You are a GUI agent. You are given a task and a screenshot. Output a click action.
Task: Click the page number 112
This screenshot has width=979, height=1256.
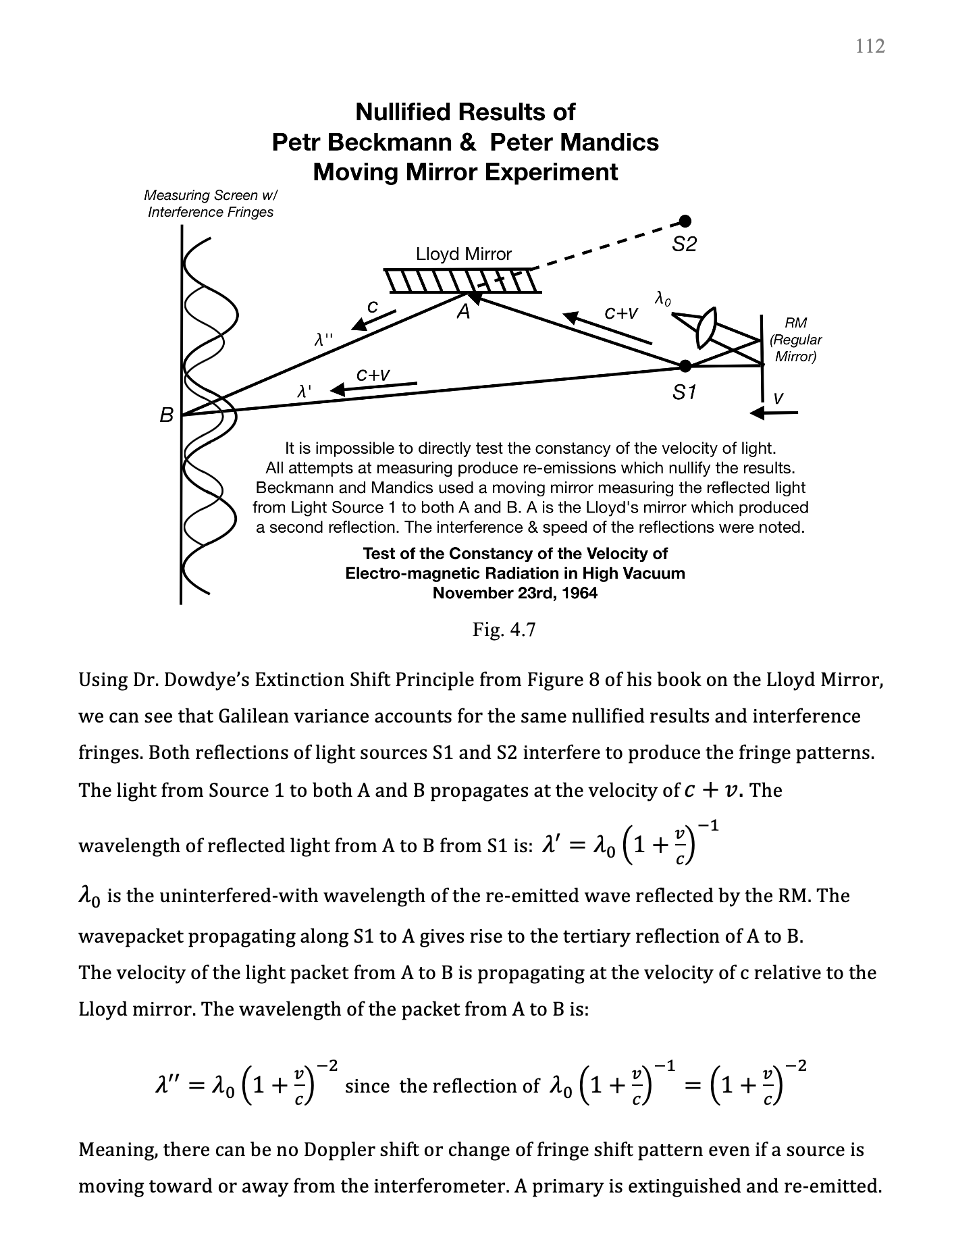[x=870, y=46]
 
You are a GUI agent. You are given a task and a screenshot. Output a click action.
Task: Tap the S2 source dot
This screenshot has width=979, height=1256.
[x=685, y=221]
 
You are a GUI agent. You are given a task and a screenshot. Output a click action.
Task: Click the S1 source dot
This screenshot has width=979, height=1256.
[x=685, y=366]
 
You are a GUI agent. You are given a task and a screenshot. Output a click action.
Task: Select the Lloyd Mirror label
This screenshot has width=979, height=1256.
[x=464, y=254]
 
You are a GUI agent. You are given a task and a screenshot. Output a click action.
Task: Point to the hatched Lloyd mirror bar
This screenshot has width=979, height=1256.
[x=463, y=280]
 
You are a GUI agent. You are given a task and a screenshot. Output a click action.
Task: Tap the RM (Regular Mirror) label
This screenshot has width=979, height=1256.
[x=796, y=340]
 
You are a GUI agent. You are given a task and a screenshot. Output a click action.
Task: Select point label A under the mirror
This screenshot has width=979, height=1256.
[x=463, y=312]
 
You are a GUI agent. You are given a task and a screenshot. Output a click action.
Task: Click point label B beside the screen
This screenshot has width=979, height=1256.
[x=166, y=415]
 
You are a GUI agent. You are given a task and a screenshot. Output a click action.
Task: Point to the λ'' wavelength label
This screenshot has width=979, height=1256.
[x=323, y=340]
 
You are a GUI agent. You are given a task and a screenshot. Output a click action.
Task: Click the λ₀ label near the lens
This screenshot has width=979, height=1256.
[x=663, y=298]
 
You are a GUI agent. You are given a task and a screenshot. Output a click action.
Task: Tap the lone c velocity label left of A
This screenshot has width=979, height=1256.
[x=372, y=306]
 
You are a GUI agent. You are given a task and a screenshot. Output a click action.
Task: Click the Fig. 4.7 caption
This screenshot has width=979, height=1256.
[x=504, y=630]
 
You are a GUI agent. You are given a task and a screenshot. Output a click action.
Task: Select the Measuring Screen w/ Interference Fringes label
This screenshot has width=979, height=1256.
[x=211, y=203]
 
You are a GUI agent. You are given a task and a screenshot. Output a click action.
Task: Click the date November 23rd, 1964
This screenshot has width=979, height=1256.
[x=514, y=593]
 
